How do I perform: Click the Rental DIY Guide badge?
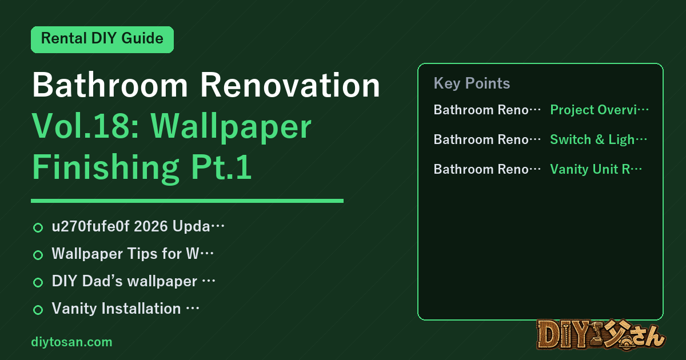102,39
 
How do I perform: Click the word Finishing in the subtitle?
106,168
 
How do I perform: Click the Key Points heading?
472,83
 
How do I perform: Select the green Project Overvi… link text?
599,110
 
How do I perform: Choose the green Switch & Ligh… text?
599,139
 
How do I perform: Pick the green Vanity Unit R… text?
596,169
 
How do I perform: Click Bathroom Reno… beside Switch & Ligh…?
487,139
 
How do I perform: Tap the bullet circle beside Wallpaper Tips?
38,255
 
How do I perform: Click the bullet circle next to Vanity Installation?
38,310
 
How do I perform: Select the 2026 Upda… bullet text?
138,226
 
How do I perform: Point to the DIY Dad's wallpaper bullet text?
134,281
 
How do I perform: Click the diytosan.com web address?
71,342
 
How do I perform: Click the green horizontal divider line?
187,201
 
